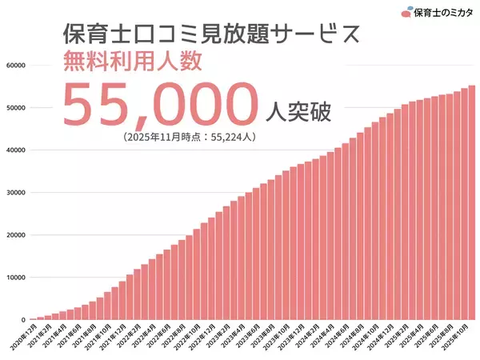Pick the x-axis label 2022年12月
[200, 336]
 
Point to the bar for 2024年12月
[390, 216]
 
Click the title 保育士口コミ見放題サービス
[204, 34]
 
